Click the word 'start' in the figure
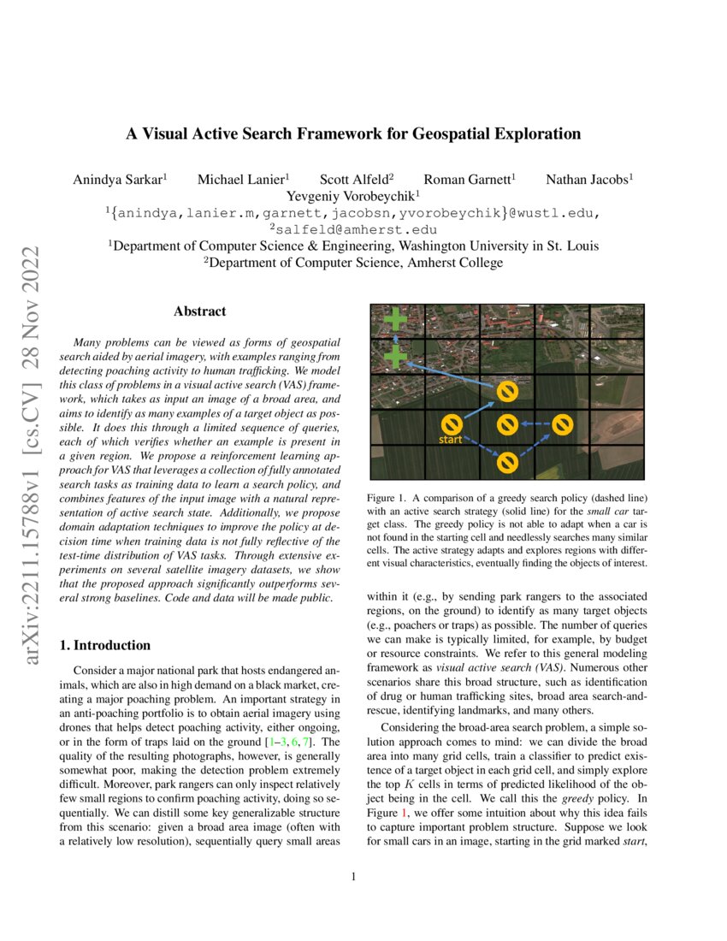pos(451,440)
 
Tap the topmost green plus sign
pos(395,321)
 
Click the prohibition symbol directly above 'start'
pos(452,423)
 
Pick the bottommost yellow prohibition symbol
pos(507,462)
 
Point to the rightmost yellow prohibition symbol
pos(562,423)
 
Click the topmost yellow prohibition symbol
pos(507,391)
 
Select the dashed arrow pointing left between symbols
pos(535,423)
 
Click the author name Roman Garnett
pos(470,180)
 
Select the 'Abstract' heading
pos(199,312)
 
